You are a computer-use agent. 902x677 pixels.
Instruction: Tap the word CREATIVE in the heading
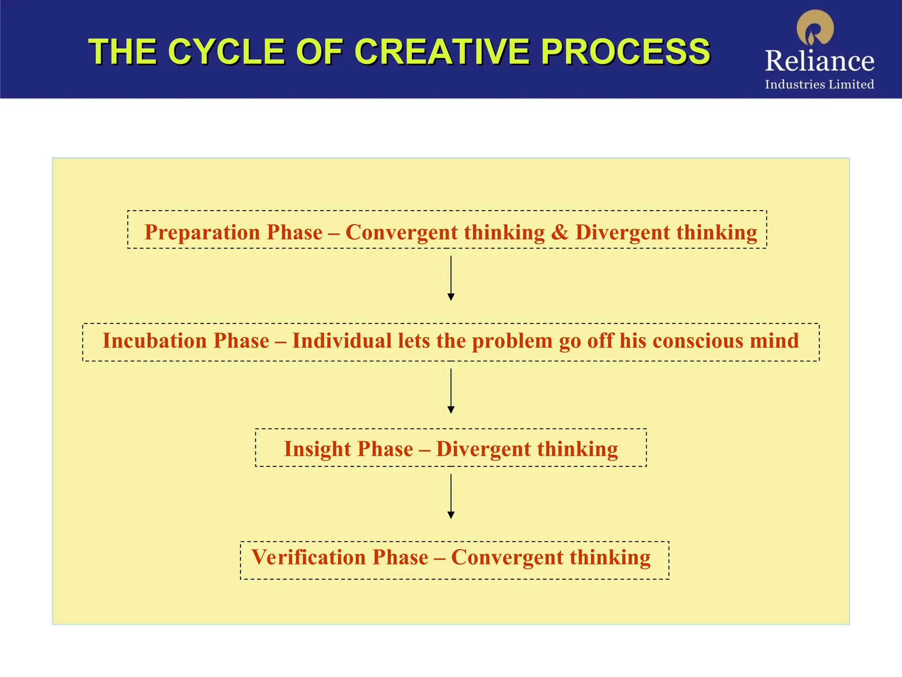[x=442, y=52]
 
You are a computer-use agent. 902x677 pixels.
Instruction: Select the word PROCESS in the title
[x=625, y=52]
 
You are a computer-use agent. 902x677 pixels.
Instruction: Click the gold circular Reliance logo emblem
[x=815, y=28]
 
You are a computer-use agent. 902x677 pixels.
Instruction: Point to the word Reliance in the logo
[x=819, y=61]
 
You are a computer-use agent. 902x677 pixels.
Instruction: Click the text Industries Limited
[x=819, y=84]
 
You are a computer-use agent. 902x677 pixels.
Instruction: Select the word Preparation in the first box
[x=203, y=232]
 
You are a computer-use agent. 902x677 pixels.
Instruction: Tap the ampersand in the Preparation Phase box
[x=560, y=232]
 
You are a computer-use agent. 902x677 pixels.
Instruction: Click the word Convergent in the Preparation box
[x=401, y=232]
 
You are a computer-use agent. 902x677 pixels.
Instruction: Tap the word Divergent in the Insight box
[x=483, y=449]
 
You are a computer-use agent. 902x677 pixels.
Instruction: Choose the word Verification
[x=308, y=557]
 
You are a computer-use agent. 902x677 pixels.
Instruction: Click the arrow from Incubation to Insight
[x=451, y=391]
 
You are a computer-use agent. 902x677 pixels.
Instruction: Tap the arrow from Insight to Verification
[x=451, y=496]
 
